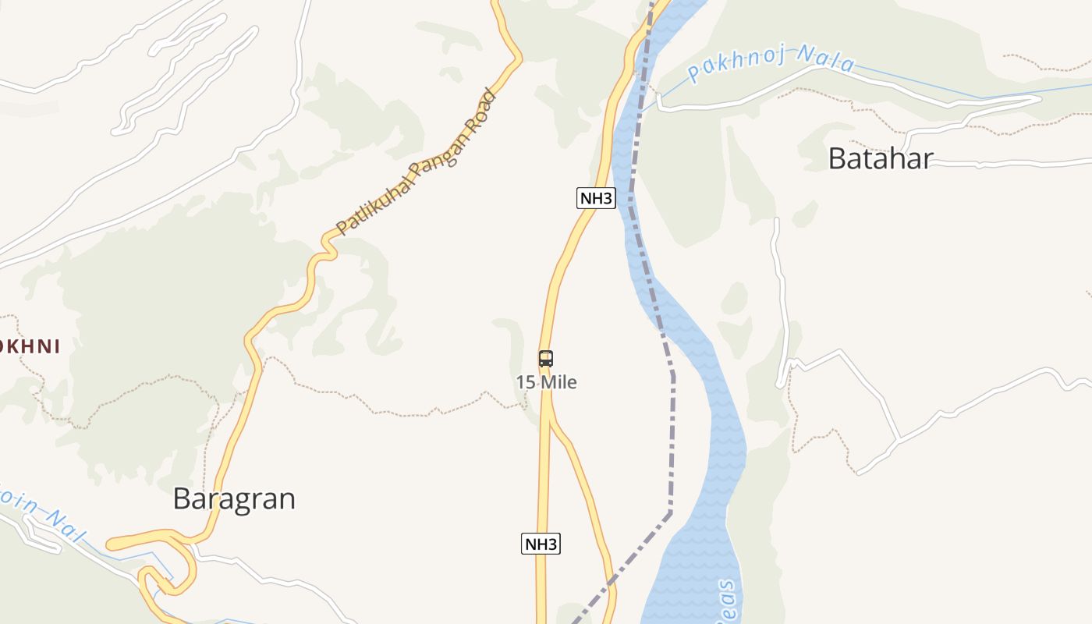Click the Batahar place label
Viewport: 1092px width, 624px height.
pos(880,159)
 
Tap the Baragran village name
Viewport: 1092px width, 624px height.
pos(234,498)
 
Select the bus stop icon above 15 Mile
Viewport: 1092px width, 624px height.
pos(546,359)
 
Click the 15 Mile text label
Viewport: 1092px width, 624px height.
pos(547,382)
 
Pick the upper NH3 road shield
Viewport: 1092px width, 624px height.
pos(596,198)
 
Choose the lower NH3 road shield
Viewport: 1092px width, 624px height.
pos(541,544)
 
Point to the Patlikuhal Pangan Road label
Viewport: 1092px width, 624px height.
pos(416,164)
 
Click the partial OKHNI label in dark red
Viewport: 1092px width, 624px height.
pos(30,346)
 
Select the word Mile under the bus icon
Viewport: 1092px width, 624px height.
pos(558,382)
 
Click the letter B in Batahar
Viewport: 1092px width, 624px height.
pos(837,159)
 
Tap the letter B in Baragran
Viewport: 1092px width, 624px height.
pos(182,498)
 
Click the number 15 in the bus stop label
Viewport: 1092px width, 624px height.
pos(525,382)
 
